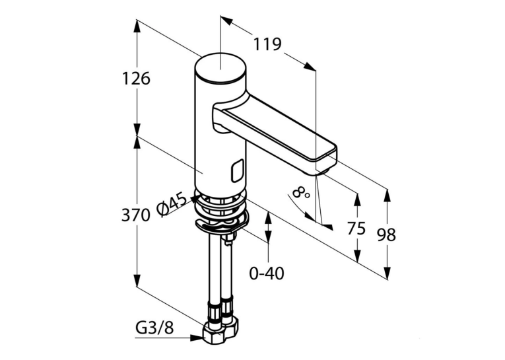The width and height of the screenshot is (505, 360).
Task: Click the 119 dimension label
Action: click(x=267, y=44)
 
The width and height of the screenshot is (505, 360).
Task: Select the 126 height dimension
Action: click(x=136, y=79)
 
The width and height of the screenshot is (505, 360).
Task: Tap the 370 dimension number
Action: click(x=135, y=215)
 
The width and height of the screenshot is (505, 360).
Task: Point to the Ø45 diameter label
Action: click(x=172, y=204)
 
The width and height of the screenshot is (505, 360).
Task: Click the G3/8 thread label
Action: click(x=154, y=328)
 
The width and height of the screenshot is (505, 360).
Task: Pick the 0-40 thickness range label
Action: click(x=267, y=273)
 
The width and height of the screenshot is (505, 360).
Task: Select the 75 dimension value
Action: click(x=356, y=229)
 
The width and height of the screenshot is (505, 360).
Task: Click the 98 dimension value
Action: click(x=386, y=235)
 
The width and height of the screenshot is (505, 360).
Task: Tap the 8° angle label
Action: click(x=302, y=193)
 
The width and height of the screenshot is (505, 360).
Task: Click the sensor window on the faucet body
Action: click(x=238, y=170)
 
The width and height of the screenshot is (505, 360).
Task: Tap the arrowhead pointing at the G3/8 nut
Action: click(x=197, y=338)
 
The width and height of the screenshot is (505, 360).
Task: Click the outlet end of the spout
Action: click(x=327, y=160)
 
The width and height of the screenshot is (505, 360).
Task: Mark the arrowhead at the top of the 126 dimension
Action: click(x=137, y=26)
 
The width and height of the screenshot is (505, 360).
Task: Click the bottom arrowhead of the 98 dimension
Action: click(x=387, y=273)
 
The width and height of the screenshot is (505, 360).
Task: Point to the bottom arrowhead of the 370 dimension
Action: click(x=137, y=280)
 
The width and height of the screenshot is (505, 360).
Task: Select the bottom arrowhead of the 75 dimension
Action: click(x=357, y=255)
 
